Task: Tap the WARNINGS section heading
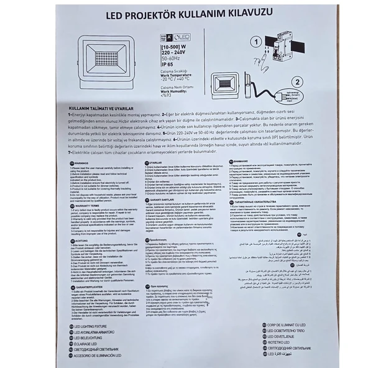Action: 85,163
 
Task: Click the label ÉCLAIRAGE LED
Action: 88,344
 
